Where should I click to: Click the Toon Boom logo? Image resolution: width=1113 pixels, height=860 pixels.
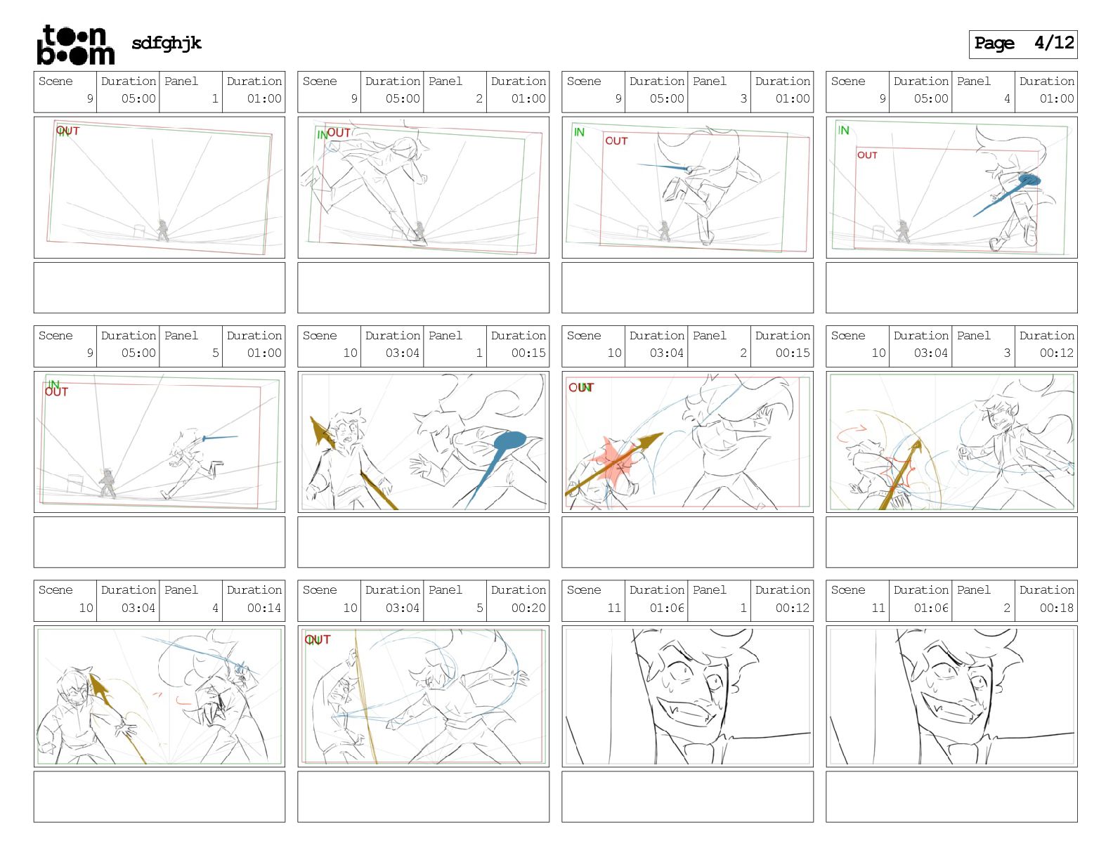click(75, 45)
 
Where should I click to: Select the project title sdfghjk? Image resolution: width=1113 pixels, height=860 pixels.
click(167, 44)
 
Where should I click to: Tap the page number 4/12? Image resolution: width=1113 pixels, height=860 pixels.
click(1053, 43)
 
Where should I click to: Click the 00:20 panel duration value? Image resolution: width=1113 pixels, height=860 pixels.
click(528, 608)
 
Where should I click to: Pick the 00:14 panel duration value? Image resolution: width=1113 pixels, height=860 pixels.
click(263, 608)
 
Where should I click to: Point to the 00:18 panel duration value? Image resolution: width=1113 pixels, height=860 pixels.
click(1056, 608)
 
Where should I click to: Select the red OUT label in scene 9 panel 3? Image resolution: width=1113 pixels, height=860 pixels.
click(616, 141)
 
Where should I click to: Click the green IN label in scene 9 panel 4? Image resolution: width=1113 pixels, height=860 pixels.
click(843, 131)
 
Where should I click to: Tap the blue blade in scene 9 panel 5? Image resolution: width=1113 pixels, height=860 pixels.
click(220, 438)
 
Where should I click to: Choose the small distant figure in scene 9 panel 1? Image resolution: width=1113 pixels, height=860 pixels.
click(162, 230)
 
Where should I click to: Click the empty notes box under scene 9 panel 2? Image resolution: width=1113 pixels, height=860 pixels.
click(423, 288)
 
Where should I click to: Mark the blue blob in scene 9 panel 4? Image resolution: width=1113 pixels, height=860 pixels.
click(1029, 180)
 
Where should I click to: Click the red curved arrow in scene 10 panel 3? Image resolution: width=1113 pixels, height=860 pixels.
click(852, 433)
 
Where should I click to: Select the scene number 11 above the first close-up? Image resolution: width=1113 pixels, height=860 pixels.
click(614, 608)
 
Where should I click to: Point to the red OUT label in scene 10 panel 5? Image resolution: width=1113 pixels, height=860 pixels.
click(318, 639)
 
